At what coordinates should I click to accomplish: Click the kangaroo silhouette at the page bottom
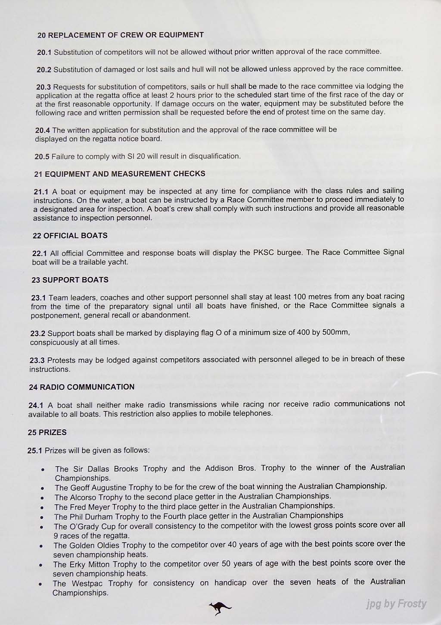[x=220, y=608]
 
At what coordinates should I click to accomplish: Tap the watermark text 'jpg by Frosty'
[x=396, y=604]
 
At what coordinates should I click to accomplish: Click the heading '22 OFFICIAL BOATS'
[x=70, y=236]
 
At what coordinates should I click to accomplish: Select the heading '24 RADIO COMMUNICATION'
[x=81, y=387]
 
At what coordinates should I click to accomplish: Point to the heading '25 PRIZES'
[x=47, y=432]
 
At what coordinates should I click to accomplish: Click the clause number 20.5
[x=42, y=156]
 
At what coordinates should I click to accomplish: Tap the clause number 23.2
[x=37, y=333]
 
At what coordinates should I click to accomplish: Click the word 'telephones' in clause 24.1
[x=254, y=413]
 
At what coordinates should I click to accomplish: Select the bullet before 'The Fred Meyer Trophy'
[x=42, y=508]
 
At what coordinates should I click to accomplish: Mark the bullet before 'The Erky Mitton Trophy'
[x=41, y=565]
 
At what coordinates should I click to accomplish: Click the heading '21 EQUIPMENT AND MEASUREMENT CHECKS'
[x=119, y=174]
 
